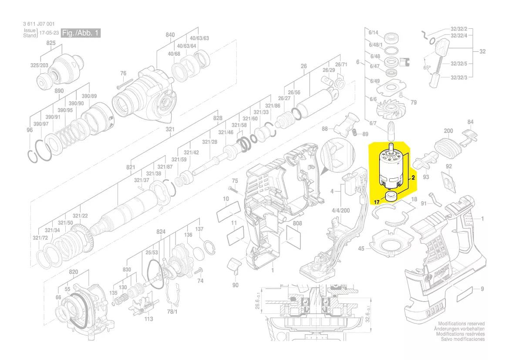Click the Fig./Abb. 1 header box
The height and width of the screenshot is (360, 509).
pos(81,34)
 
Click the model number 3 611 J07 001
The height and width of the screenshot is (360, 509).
pos(38,24)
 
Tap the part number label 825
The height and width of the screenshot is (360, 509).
pos(51,43)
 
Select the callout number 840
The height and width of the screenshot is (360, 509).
pos(170,35)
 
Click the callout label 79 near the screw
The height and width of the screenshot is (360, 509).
pos(413,103)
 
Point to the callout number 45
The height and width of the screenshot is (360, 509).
pos(361,249)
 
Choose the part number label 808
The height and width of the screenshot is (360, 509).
pos(297,224)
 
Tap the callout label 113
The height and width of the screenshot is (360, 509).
pos(149,319)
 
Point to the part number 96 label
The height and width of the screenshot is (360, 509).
pos(30,130)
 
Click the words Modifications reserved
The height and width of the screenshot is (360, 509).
pos(461,324)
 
